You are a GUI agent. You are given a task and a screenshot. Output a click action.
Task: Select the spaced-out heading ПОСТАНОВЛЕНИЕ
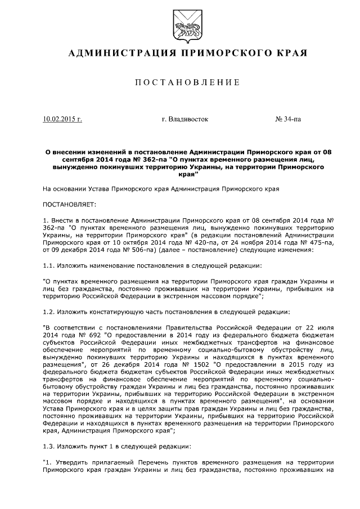pos(180,83)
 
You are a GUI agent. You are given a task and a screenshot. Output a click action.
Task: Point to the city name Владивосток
pos(184,119)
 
